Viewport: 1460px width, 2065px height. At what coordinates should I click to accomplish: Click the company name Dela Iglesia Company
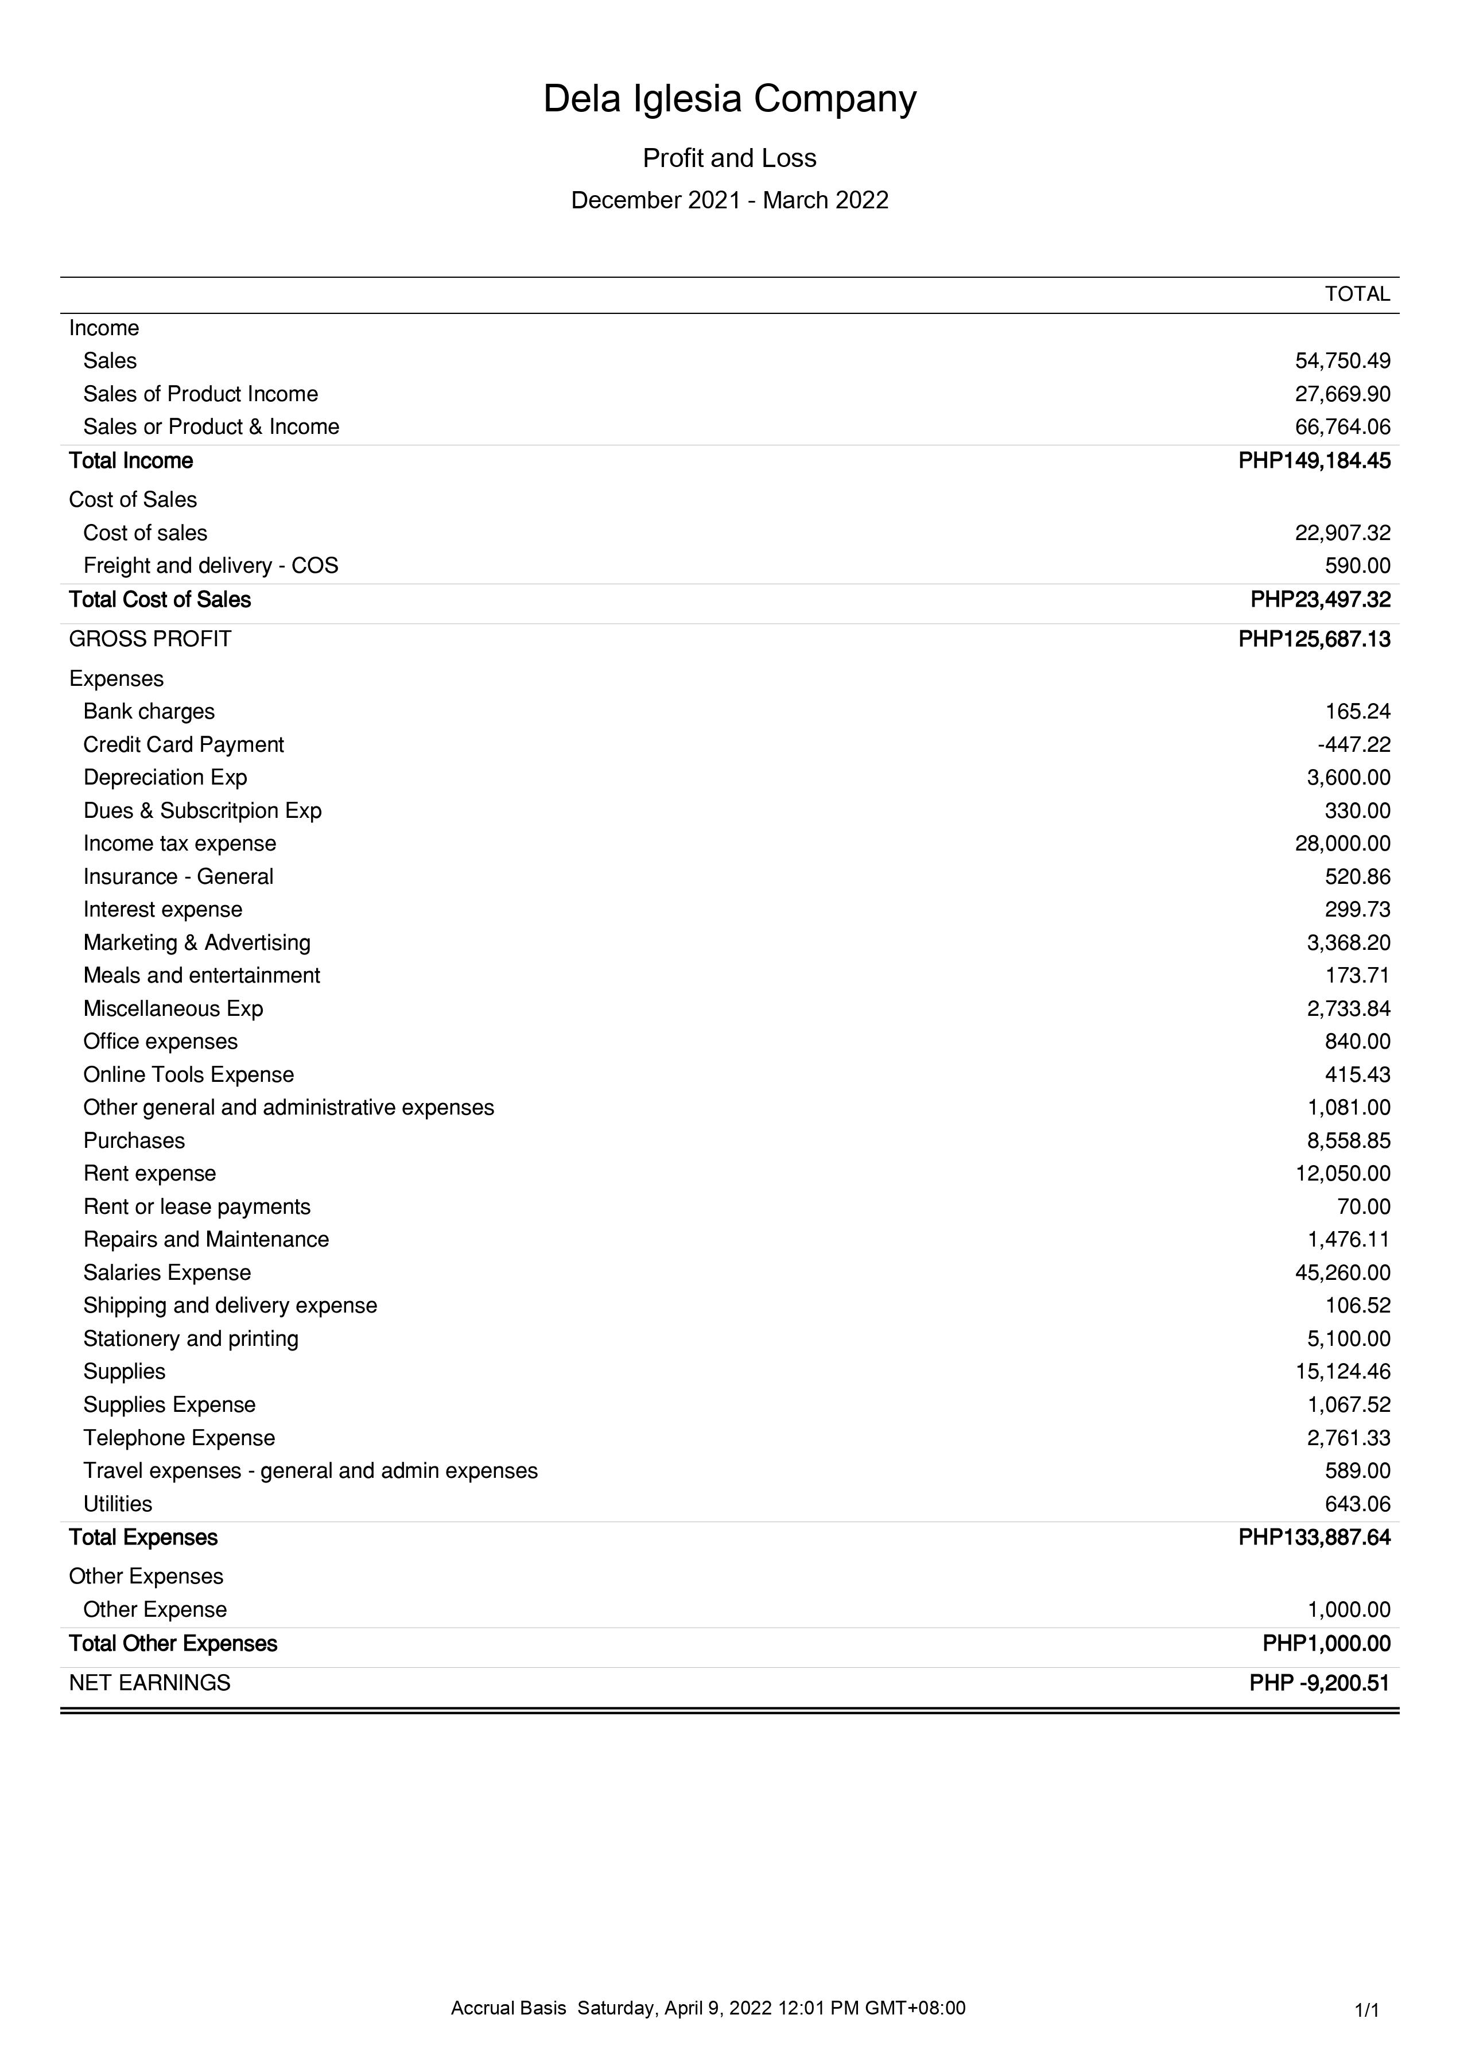click(x=729, y=99)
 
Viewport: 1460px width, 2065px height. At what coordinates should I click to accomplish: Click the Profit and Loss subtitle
click(x=729, y=158)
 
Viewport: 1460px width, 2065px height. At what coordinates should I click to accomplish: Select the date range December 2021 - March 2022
click(x=729, y=200)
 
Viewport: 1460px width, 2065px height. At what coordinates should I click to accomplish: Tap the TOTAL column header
click(x=1357, y=294)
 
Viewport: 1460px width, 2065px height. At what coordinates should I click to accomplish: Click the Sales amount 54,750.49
click(x=1342, y=360)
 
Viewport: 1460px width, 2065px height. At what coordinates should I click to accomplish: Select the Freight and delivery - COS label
click(x=211, y=566)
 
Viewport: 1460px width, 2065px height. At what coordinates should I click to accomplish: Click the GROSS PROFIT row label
click(x=150, y=639)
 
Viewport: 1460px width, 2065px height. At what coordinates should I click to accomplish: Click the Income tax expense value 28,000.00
click(x=1342, y=844)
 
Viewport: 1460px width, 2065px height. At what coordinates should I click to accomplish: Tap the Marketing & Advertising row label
click(x=196, y=942)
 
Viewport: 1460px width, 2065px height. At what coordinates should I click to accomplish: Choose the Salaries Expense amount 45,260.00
click(x=1342, y=1272)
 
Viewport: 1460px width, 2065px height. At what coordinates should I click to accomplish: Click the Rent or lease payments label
click(x=196, y=1207)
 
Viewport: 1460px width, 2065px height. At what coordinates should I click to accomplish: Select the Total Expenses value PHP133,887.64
click(x=1314, y=1537)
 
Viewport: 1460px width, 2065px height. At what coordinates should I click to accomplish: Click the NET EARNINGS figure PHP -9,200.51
click(x=1319, y=1683)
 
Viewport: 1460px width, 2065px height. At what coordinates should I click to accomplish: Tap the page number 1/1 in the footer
click(x=1366, y=2009)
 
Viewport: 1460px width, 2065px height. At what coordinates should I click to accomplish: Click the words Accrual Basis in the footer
click(x=508, y=2008)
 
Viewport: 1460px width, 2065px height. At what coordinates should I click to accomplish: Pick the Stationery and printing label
click(x=191, y=1338)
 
